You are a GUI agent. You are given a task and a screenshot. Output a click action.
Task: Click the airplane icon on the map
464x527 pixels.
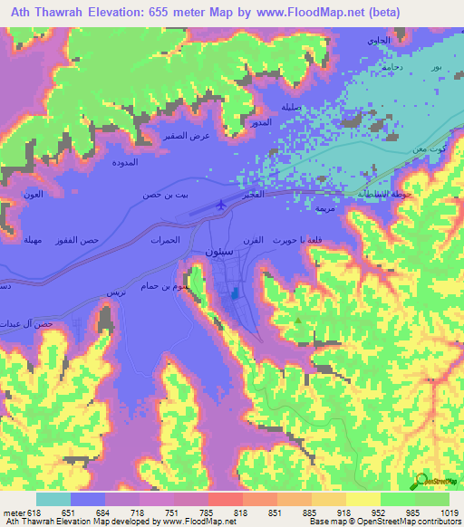coord(222,206)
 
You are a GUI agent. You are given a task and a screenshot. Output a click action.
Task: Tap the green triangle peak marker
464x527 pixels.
coord(297,319)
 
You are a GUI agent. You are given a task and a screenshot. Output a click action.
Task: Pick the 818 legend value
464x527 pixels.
coord(241,512)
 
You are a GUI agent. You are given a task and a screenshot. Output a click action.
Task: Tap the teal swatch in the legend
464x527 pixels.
coord(53,499)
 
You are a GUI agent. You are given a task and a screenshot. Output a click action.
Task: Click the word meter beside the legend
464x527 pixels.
coord(14,512)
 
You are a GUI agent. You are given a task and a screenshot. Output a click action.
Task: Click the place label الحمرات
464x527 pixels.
coord(166,239)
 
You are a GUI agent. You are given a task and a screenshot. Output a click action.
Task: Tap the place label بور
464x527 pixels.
coord(437,69)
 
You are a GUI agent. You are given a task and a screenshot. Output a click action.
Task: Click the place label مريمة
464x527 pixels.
coord(324,208)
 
